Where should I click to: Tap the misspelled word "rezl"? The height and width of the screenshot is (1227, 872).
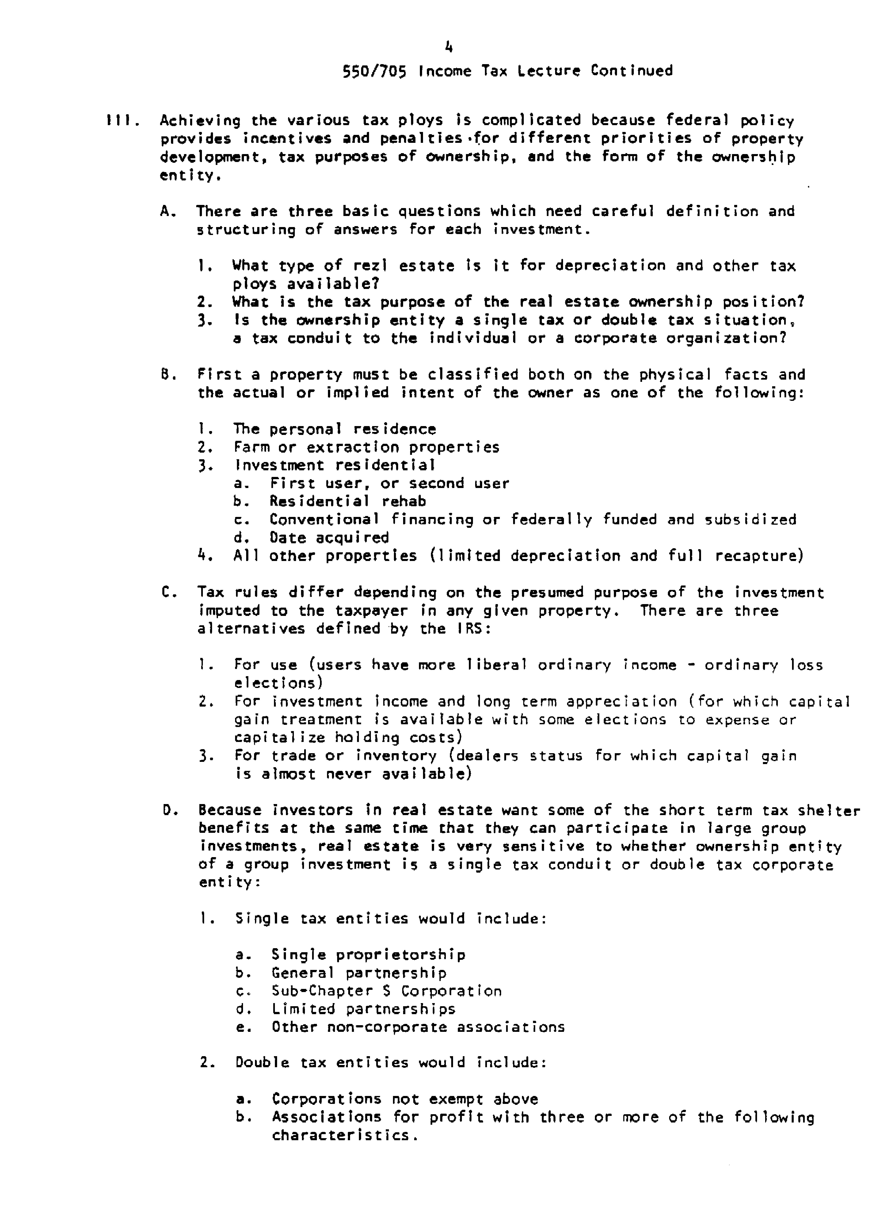point(370,266)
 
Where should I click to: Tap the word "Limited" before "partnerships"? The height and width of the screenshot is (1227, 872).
point(303,1009)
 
